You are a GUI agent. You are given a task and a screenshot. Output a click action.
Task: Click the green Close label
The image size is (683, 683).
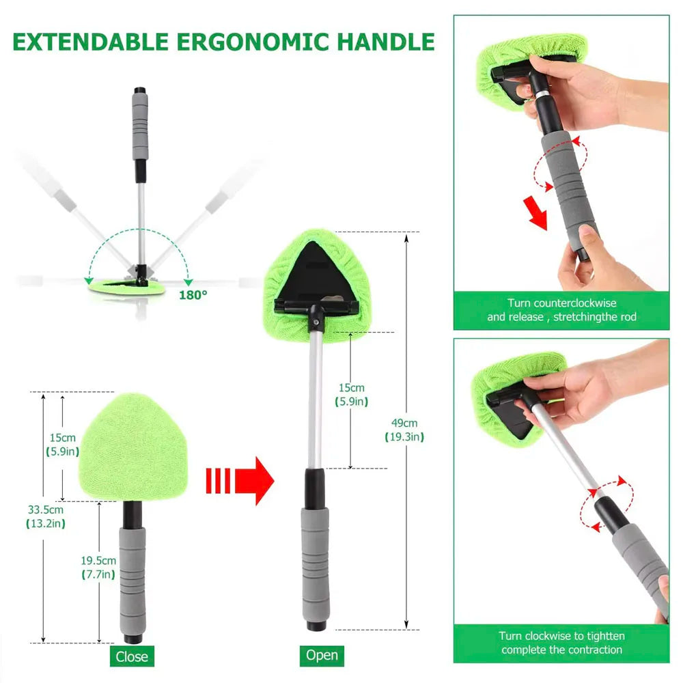(131, 656)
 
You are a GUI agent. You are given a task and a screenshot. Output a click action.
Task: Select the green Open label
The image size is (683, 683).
(321, 655)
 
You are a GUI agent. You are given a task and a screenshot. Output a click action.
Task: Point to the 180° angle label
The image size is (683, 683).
(194, 294)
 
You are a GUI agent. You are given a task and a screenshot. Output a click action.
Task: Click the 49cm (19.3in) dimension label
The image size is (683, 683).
(409, 430)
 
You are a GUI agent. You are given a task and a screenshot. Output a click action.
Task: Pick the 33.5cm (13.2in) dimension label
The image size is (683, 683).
(45, 516)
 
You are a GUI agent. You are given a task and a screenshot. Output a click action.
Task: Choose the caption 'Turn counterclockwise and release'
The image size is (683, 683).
(561, 309)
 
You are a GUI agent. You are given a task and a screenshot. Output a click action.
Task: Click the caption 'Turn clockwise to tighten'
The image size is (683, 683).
(561, 643)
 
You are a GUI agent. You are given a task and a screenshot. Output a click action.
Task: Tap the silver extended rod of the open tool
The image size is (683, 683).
(315, 396)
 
